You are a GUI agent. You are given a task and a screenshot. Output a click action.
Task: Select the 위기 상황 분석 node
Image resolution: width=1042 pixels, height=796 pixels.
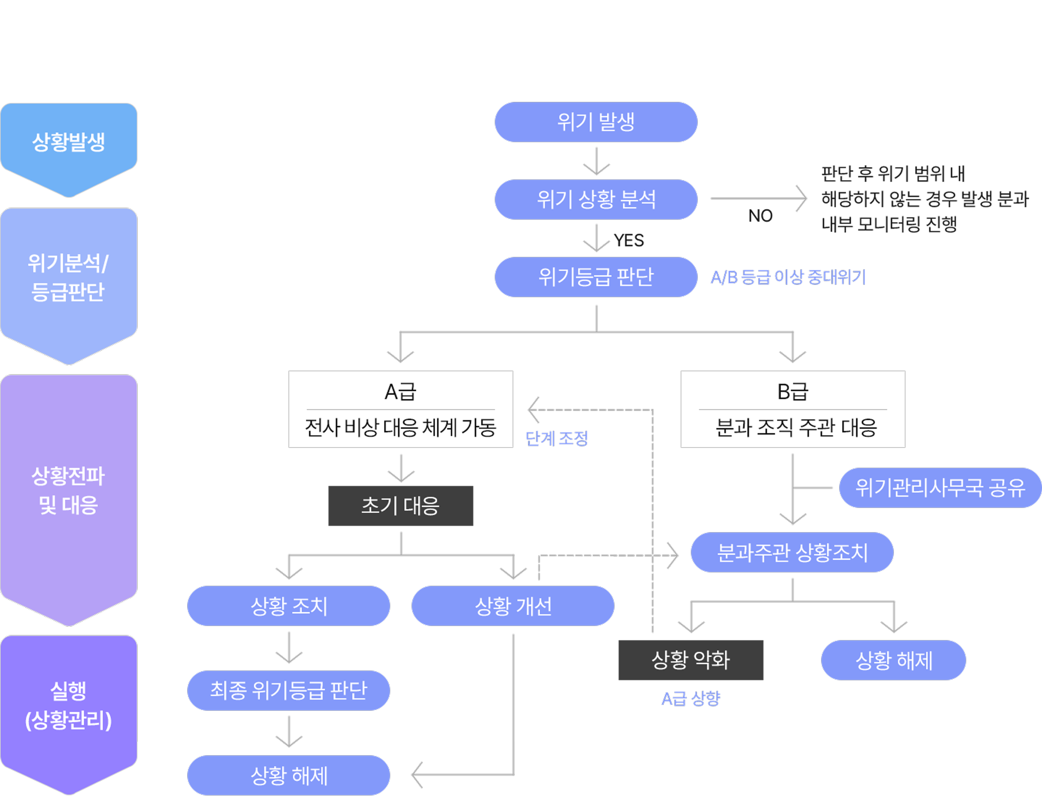(x=596, y=200)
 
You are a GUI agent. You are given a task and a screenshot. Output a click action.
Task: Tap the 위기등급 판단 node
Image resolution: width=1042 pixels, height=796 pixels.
(x=596, y=277)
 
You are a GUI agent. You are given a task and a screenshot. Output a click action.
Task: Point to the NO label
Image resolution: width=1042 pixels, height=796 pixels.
(x=760, y=216)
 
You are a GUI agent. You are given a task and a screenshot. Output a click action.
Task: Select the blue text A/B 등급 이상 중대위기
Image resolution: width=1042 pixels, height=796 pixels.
(x=788, y=277)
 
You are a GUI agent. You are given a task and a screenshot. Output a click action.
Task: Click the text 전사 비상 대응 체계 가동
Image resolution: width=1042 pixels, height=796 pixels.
(x=401, y=428)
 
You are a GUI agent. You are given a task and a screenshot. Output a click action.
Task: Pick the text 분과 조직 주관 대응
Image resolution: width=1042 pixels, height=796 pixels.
(x=796, y=428)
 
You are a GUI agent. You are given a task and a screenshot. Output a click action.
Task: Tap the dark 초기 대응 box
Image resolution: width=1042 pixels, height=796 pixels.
(x=401, y=506)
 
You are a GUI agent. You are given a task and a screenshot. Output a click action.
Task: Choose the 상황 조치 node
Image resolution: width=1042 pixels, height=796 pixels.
(x=288, y=606)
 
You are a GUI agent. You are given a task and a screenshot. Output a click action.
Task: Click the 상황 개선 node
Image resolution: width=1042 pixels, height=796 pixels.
(x=513, y=606)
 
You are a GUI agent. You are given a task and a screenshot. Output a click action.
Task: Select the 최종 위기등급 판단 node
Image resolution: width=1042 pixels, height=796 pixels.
(x=288, y=690)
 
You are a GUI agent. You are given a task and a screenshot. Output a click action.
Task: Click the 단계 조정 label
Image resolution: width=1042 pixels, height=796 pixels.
(x=557, y=438)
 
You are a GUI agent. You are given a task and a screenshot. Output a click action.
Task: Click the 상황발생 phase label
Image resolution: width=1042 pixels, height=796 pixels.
(x=69, y=142)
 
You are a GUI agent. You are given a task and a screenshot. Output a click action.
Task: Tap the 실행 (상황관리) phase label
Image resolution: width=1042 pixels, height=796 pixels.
(x=69, y=706)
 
